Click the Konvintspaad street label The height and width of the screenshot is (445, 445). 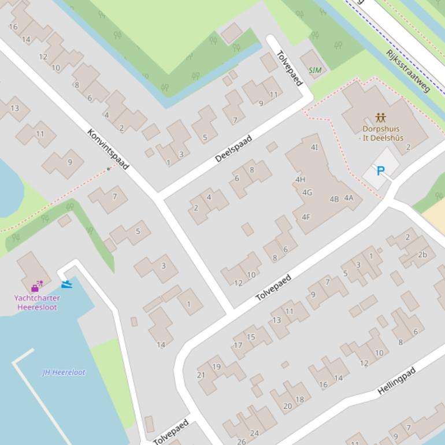point(107,149)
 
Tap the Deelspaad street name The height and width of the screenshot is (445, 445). point(233,149)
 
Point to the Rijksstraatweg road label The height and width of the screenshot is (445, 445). point(408,71)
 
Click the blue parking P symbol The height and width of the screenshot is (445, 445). point(380,171)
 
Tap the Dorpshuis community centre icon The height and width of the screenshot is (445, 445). point(380,118)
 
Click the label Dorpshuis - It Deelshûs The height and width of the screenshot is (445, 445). point(381,133)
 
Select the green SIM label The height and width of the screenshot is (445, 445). point(315,71)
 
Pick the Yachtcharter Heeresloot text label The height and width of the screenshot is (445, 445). point(37,303)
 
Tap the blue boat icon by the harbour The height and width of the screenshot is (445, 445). point(66,284)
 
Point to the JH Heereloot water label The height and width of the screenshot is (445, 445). point(64,372)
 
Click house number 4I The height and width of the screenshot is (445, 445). point(314,147)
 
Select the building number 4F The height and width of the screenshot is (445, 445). point(306,217)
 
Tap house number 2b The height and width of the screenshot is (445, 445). point(422,254)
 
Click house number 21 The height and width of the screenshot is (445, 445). point(201,375)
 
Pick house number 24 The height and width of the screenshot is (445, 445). point(254,433)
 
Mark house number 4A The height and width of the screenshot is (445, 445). point(348,198)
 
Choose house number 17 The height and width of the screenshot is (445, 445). point(238,346)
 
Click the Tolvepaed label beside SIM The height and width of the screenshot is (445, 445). point(289,69)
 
